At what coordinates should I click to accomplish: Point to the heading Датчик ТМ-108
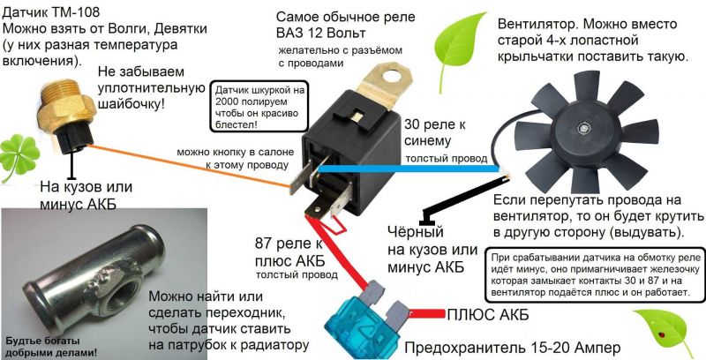pyautogui.click(x=54, y=13)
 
